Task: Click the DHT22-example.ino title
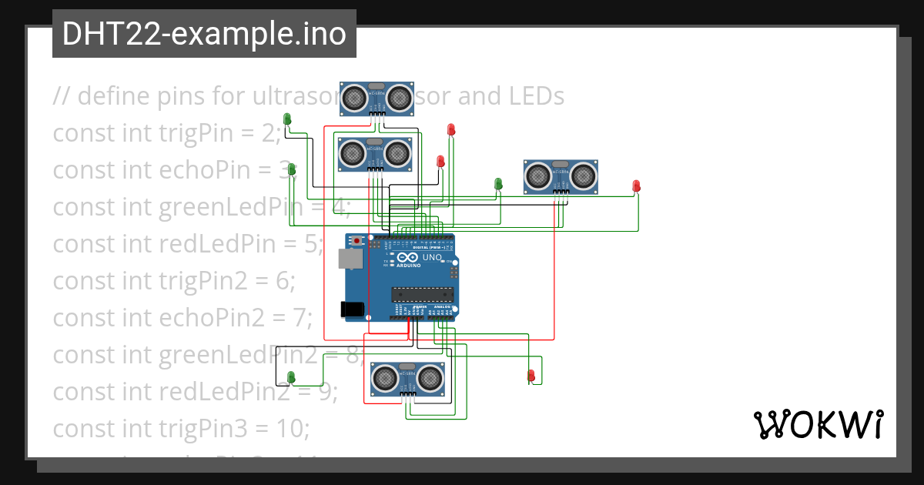point(204,34)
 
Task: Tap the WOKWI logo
point(817,424)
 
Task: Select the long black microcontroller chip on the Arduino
point(420,293)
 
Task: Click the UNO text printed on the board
point(433,257)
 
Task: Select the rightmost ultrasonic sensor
point(561,176)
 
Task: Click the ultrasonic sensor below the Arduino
point(408,378)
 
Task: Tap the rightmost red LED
point(636,186)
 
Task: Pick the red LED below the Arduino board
point(531,376)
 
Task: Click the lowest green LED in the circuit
point(291,376)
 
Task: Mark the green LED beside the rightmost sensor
point(498,184)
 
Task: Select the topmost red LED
point(451,130)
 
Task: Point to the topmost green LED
point(287,119)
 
